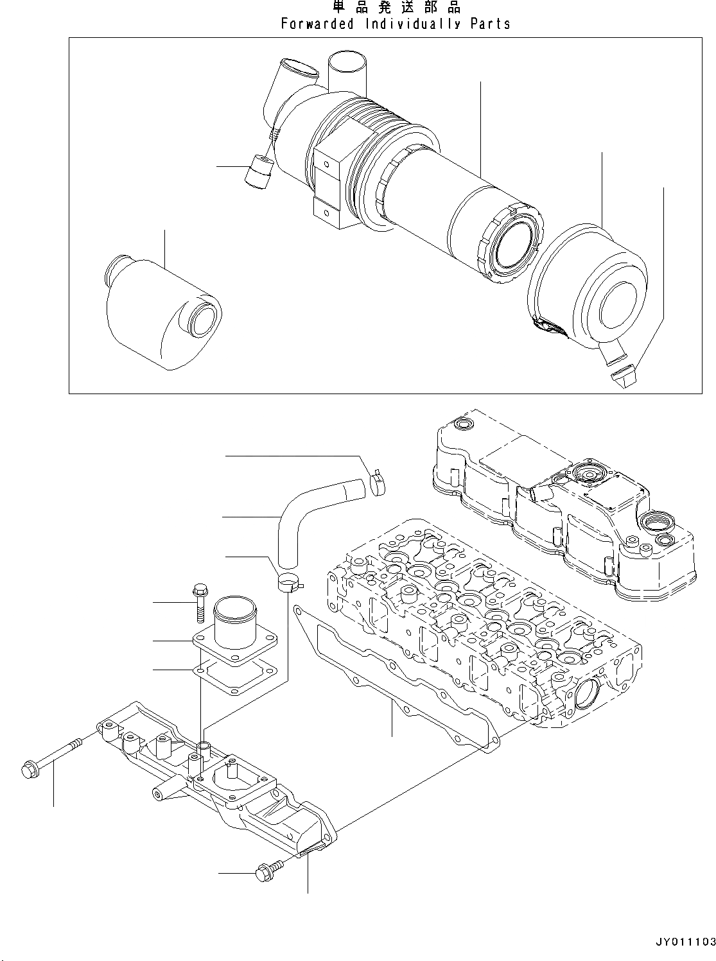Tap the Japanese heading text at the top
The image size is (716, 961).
click(x=396, y=8)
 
